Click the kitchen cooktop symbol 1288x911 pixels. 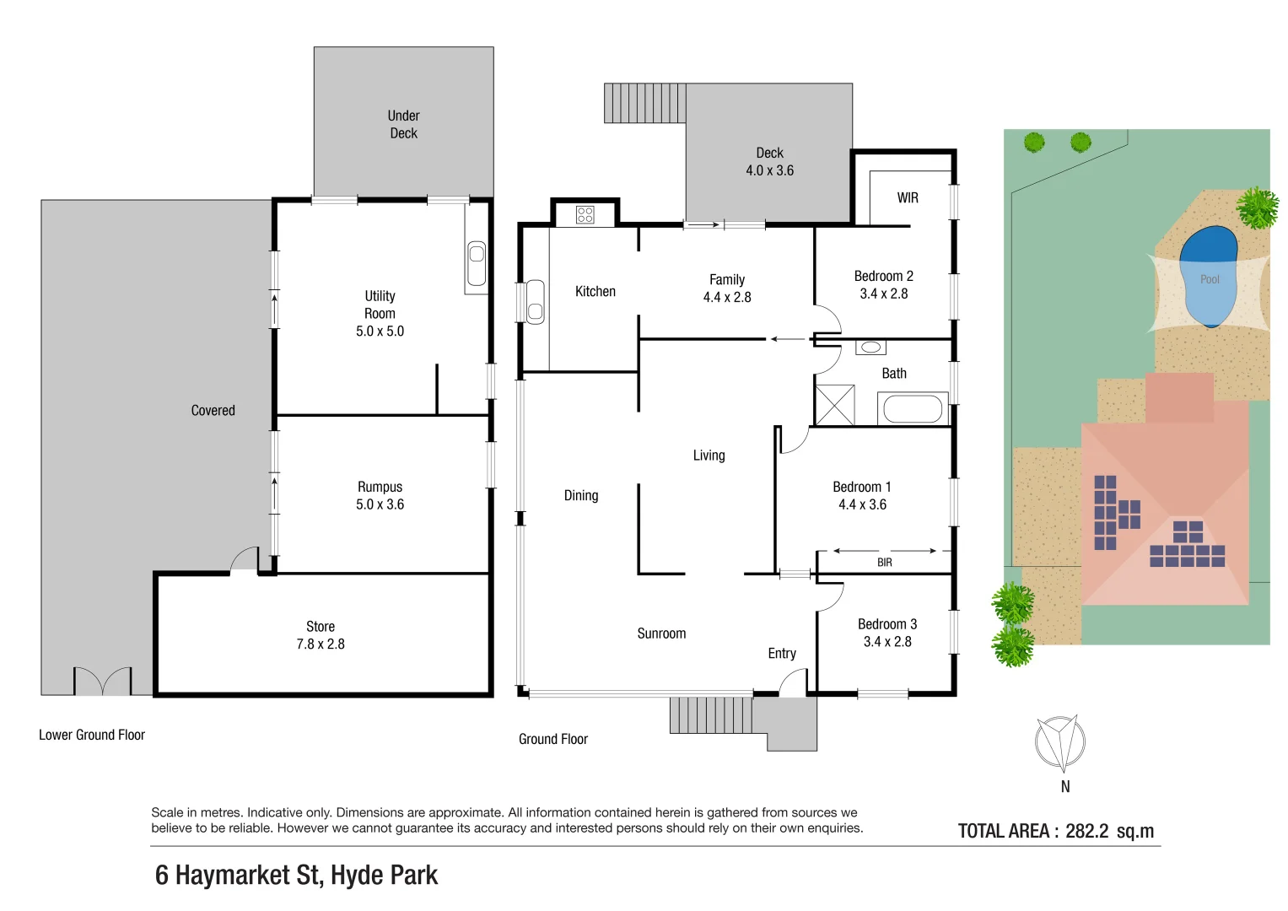pos(585,215)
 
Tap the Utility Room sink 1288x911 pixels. pos(477,263)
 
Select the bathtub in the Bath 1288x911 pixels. pos(912,410)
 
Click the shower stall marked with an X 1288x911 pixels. pos(834,405)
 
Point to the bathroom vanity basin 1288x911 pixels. pos(870,348)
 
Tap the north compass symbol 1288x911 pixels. pos(1060,743)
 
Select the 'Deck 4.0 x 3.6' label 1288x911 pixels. pos(769,162)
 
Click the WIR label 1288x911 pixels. pos(908,198)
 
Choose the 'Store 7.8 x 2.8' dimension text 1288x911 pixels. pos(321,635)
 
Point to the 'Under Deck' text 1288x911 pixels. pos(403,125)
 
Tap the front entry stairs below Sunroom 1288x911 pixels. pos(710,715)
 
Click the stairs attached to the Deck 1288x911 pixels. pos(644,103)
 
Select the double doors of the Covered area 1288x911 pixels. pos(103,682)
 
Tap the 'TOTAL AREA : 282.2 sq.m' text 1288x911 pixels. pos(1055,831)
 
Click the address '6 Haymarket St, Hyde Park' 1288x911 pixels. pos(296,876)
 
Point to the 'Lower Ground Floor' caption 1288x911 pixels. pos(92,736)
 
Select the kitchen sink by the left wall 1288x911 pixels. pos(535,302)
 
